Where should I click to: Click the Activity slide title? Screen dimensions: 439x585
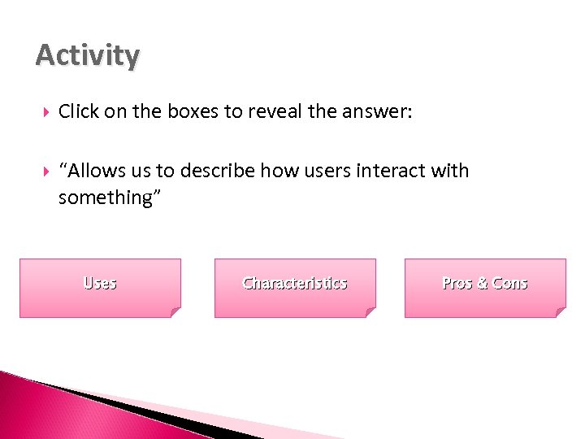tap(88, 56)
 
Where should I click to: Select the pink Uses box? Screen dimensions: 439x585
tap(100, 288)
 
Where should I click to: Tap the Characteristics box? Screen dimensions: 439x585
tap(295, 288)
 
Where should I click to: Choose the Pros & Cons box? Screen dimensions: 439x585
tap(485, 288)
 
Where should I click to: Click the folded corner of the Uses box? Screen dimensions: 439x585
tap(175, 311)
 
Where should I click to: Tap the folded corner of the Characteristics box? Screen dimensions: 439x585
tap(370, 311)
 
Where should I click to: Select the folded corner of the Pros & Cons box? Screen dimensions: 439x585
tap(560, 311)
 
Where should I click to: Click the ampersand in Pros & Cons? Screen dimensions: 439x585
tap(482, 283)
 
